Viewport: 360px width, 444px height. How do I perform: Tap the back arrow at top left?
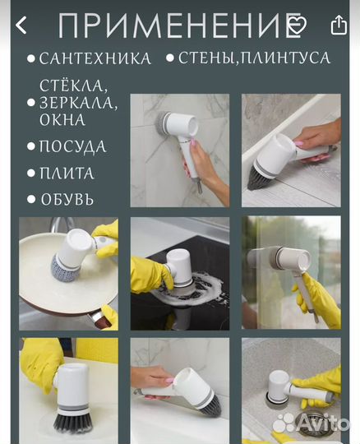(x=21, y=25)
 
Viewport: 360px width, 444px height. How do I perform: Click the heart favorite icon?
(x=296, y=25)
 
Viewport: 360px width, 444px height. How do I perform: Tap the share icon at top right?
(x=339, y=25)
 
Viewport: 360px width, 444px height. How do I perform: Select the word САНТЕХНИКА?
(x=95, y=59)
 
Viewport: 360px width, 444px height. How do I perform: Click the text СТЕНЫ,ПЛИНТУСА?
(x=254, y=58)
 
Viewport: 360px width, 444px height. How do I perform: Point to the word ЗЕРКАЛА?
(x=79, y=103)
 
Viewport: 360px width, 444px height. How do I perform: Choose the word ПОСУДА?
(x=73, y=147)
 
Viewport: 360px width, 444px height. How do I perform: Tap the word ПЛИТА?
(x=67, y=173)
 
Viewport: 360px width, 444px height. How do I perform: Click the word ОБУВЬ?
(x=67, y=199)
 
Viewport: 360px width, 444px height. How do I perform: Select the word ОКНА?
(x=62, y=120)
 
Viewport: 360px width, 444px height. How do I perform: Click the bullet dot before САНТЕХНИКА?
(x=31, y=59)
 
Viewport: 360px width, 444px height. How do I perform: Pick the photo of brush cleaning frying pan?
(x=68, y=274)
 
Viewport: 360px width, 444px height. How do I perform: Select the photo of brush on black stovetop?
(x=179, y=274)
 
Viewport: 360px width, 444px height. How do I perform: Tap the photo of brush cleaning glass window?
(x=291, y=274)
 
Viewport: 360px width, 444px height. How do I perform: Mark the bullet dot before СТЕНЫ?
(x=170, y=59)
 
